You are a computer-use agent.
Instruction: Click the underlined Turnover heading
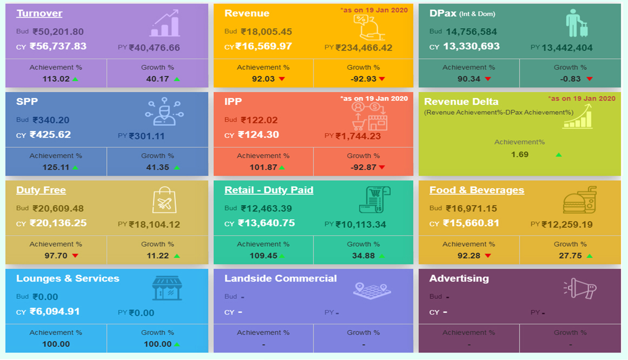coord(39,13)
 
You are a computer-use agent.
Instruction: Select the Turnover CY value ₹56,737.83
coord(58,46)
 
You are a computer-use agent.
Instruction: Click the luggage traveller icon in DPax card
coord(576,24)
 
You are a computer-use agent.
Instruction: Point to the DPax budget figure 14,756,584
coord(471,32)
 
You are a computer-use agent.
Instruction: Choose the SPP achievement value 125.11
coord(56,167)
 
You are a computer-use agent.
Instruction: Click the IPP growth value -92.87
coord(363,167)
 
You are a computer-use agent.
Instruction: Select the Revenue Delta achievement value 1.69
coord(519,155)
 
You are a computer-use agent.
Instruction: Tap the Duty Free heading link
coord(41,190)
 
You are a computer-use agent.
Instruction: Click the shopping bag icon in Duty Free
coord(164,200)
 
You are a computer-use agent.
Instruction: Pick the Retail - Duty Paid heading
coord(268,190)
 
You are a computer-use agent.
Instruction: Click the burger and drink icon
coord(579,200)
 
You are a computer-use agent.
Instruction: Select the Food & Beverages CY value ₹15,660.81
coord(471,223)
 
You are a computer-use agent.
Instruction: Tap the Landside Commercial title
coord(280,279)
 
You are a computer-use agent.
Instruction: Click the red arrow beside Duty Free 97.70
coord(75,256)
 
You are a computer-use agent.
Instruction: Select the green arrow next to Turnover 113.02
coord(75,79)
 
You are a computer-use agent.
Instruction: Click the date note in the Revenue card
coord(374,10)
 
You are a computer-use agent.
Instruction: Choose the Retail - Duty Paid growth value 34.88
coord(363,256)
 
